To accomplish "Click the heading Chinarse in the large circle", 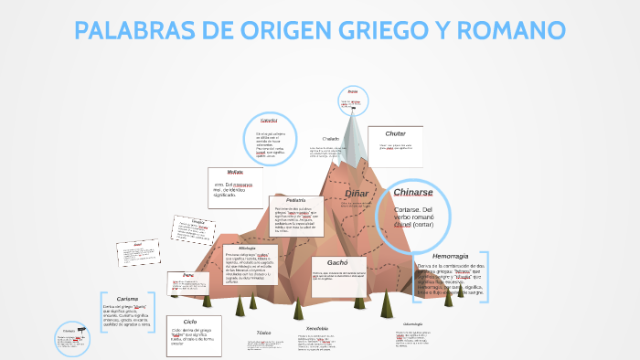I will (419, 193).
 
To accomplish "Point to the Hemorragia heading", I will (450, 255).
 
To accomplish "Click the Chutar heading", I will (395, 133).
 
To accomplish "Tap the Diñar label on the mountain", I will (357, 193).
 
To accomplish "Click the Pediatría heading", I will (295, 200).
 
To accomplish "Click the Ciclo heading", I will (190, 322).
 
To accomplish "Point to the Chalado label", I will (330, 139).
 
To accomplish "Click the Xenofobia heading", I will (317, 328).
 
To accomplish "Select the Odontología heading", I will (412, 323).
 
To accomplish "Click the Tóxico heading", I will (264, 333).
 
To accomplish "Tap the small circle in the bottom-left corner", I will (71, 338).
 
